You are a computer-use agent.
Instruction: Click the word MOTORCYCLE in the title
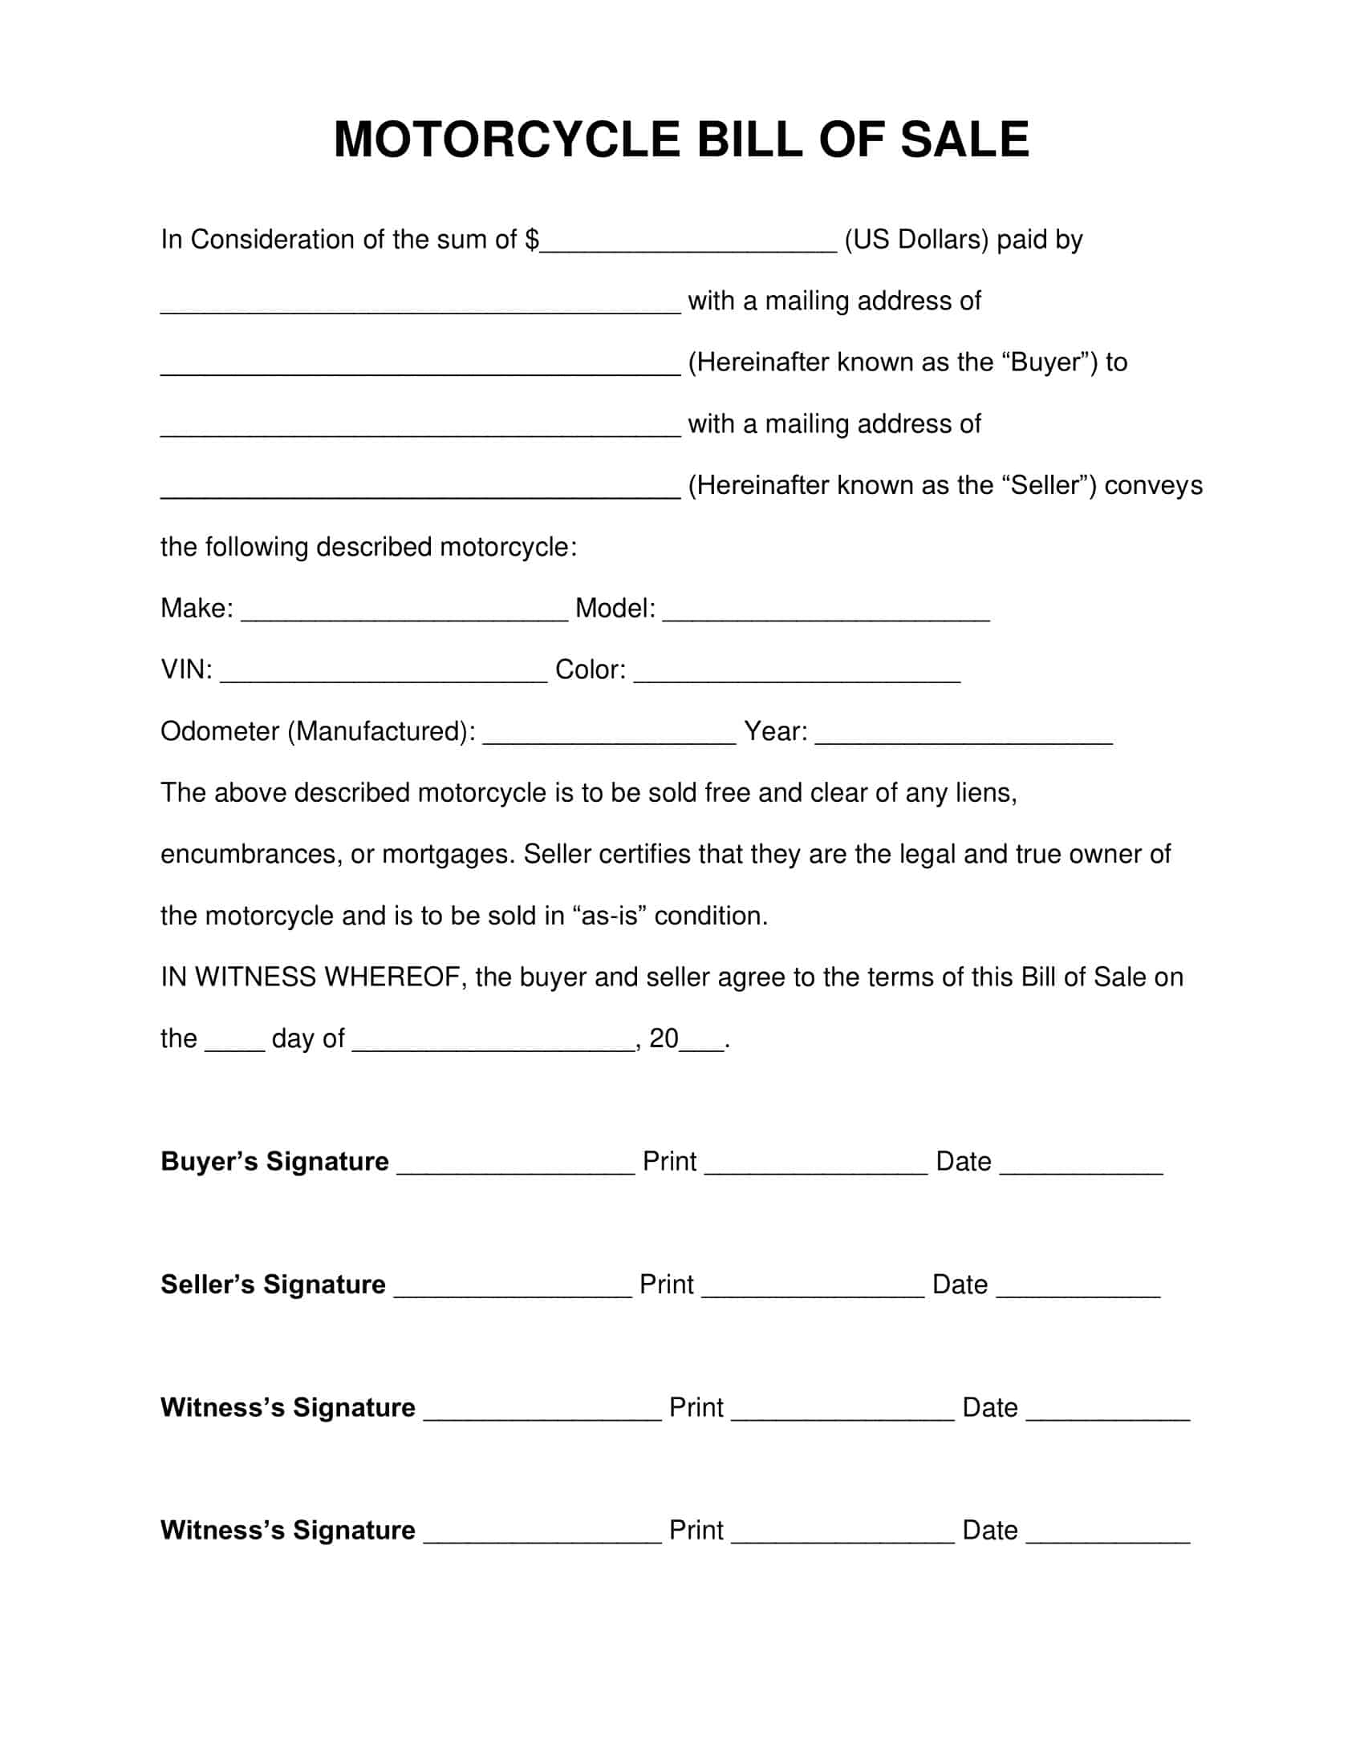pos(506,139)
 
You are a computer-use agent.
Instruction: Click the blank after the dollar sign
pos(688,242)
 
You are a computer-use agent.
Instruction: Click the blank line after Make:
pos(404,611)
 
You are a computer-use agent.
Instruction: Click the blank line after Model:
pos(826,611)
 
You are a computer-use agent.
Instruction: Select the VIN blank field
pos(384,672)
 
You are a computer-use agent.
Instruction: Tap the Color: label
pos(590,670)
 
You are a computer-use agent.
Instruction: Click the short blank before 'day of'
pos(234,1041)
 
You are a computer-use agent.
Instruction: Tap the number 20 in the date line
pos(664,1038)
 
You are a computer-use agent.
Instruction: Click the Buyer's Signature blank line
pos(516,1165)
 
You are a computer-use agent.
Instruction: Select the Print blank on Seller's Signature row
pos(813,1288)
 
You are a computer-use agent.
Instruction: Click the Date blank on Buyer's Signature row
pos(1082,1165)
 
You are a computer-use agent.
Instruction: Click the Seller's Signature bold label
pos(273,1285)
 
